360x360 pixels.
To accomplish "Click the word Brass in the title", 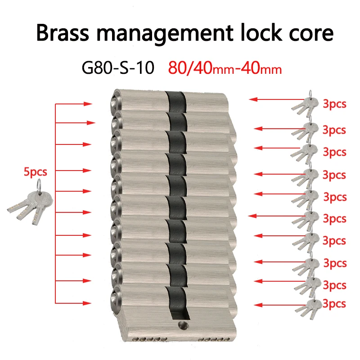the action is point(63,33).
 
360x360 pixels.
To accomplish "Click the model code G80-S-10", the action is point(118,68).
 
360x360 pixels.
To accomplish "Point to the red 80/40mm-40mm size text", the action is point(225,68).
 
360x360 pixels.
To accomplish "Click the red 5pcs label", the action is point(36,171).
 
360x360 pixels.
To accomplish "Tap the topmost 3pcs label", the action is point(334,104).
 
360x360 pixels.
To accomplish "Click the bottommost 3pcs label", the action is point(334,303).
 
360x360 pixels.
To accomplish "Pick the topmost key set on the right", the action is point(305,104).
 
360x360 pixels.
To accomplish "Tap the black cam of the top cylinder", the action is point(176,102).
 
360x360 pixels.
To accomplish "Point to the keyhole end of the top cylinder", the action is point(116,102).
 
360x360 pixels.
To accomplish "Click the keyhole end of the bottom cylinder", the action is point(116,299).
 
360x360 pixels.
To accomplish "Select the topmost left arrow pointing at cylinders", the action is point(74,104).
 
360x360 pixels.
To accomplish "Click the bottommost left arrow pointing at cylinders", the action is point(73,303).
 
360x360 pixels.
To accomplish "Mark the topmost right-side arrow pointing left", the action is point(277,99).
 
